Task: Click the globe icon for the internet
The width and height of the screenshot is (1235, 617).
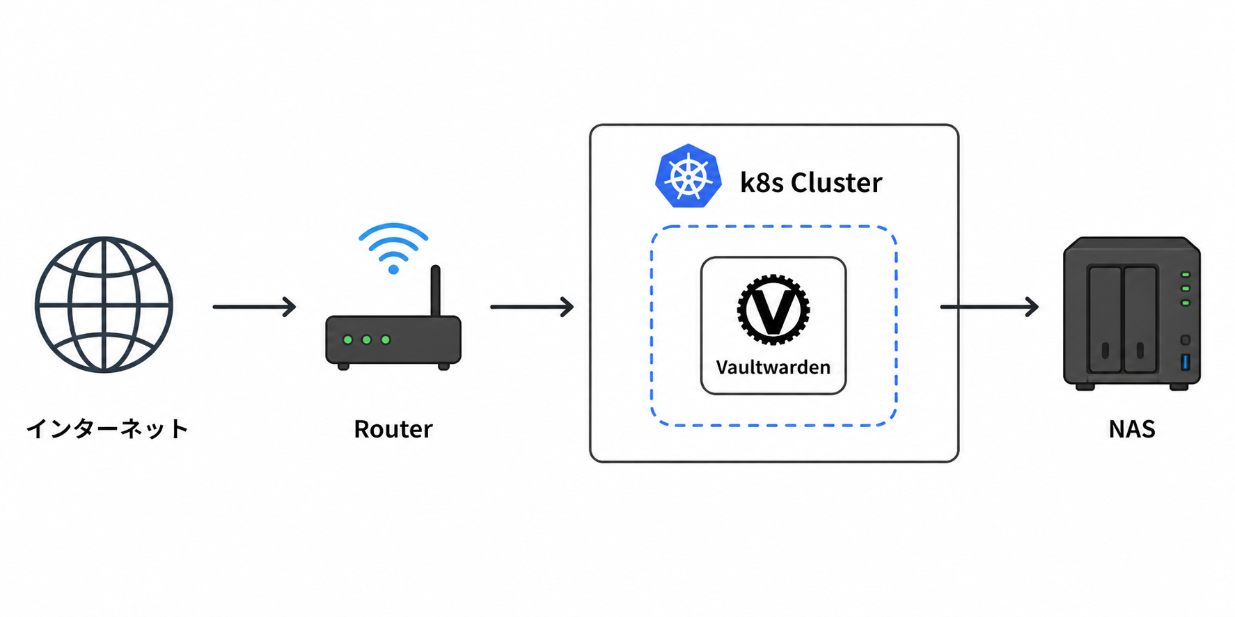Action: point(104,305)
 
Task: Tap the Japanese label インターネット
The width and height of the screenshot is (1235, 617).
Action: point(107,428)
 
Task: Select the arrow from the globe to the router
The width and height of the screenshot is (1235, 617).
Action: point(254,307)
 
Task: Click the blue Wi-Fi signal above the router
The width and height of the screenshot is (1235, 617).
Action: point(393,247)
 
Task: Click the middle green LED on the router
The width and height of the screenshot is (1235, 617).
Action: point(367,340)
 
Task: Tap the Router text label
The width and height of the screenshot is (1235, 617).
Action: point(393,429)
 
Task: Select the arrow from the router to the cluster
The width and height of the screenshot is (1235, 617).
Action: point(532,307)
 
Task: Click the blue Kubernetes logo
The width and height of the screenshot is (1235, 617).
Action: point(688,176)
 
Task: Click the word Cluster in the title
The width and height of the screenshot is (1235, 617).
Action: point(836,183)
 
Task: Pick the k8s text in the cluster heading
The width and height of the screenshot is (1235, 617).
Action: point(761,183)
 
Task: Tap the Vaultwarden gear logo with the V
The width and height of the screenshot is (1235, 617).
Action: point(773,310)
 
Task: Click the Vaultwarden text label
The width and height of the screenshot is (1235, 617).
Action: point(773,367)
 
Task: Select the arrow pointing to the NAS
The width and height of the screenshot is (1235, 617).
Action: point(989,307)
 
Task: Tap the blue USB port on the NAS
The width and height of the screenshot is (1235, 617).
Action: point(1186,362)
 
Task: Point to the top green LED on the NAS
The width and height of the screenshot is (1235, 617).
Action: point(1186,275)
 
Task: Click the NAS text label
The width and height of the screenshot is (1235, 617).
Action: point(1132,429)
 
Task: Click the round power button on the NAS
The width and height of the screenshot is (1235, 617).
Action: point(1186,340)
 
